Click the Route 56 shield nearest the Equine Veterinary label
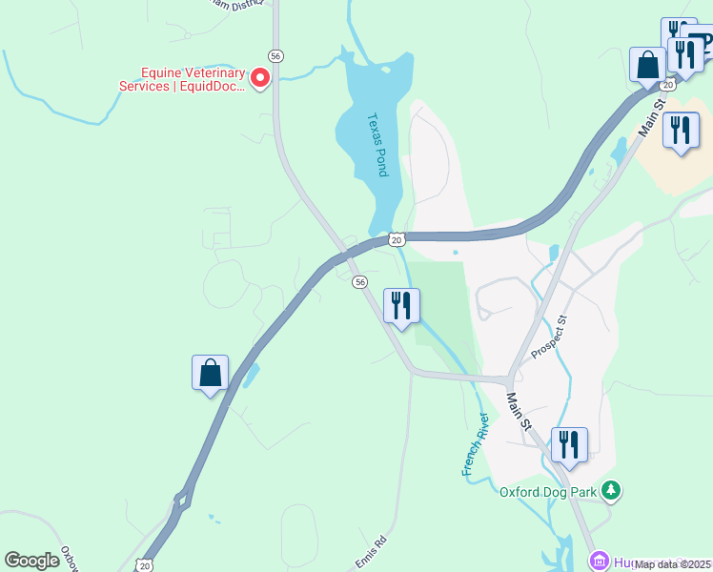(275, 56)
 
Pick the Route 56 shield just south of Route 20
(359, 282)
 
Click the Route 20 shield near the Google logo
(144, 565)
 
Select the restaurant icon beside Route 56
(401, 306)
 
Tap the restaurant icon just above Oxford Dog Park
(569, 445)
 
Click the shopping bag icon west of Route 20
(211, 373)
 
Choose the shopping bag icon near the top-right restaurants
(648, 66)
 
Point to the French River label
(475, 445)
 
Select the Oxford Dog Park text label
(548, 493)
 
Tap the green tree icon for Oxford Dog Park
(610, 491)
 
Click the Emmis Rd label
(372, 553)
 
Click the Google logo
(32, 561)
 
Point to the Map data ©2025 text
(673, 564)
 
